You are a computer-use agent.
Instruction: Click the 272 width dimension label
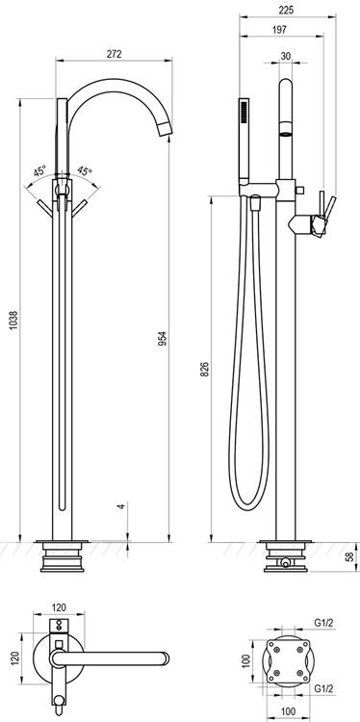click(114, 53)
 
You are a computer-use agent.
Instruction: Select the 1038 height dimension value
click(13, 319)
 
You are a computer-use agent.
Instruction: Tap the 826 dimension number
click(205, 369)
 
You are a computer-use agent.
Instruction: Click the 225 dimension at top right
click(286, 10)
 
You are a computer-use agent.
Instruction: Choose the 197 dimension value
click(279, 30)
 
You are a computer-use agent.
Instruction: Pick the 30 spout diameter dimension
click(286, 56)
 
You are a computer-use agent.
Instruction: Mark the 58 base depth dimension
click(350, 555)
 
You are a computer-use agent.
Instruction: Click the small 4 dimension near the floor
click(121, 505)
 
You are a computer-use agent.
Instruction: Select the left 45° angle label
click(39, 171)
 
